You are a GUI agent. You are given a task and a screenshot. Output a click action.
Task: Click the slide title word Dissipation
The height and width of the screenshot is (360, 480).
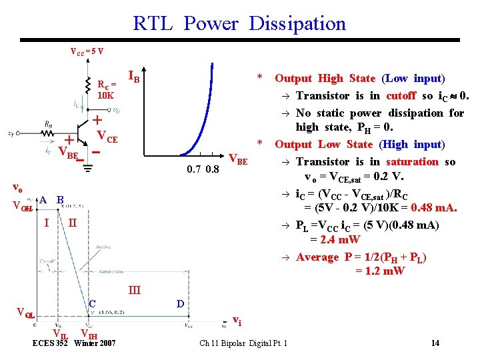click(297, 24)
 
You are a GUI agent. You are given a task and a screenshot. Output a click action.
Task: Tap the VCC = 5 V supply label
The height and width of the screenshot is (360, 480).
click(87, 51)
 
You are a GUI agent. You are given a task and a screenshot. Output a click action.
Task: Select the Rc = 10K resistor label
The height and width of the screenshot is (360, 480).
click(107, 90)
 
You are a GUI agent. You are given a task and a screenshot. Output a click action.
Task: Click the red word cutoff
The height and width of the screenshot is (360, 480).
click(401, 96)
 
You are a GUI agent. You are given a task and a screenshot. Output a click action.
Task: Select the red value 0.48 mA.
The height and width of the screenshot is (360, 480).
click(433, 208)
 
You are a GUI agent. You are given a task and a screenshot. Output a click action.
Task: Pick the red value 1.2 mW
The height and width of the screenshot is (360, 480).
click(379, 271)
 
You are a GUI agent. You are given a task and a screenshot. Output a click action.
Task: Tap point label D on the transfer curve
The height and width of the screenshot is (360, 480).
click(181, 304)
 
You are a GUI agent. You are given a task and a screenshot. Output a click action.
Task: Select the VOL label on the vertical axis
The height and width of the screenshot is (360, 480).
click(25, 311)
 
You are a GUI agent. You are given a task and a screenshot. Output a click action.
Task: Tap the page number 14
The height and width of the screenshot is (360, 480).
click(435, 343)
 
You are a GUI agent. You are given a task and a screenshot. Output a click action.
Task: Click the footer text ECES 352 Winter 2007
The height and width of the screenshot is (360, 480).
click(74, 343)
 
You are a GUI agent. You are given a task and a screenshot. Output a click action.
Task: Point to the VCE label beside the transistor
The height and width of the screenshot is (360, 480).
click(107, 139)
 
